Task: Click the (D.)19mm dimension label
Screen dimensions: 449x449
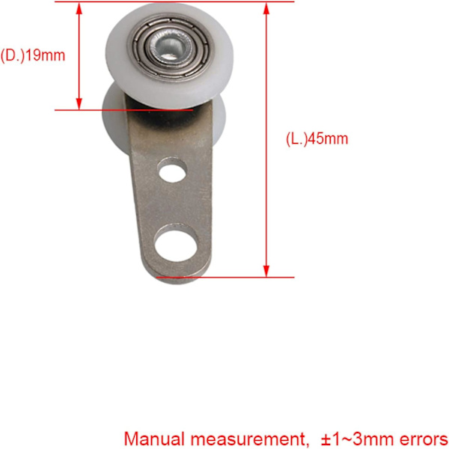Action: pyautogui.click(x=33, y=55)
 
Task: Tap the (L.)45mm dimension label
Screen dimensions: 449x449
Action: pyautogui.click(x=317, y=139)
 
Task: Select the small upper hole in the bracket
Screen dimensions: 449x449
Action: pyautogui.click(x=173, y=173)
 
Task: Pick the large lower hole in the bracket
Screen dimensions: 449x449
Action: pyautogui.click(x=176, y=245)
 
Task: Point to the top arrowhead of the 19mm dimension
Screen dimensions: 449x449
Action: pyautogui.click(x=79, y=8)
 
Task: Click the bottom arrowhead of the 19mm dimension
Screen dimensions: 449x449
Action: pyautogui.click(x=79, y=104)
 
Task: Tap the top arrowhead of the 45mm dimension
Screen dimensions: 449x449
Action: pyautogui.click(x=266, y=8)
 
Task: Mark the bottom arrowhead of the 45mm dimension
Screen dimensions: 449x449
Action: pyautogui.click(x=266, y=271)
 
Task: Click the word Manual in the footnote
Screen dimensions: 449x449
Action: pyautogui.click(x=154, y=439)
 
